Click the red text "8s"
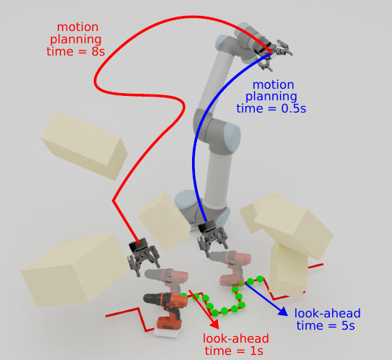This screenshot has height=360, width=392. pos(98,52)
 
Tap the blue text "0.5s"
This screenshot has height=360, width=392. pos(294,109)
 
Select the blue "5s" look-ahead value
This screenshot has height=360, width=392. pos(348,326)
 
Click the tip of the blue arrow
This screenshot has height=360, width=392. pos(287,316)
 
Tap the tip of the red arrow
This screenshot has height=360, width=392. pos(219,329)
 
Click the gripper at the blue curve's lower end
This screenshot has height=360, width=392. pos(212,237)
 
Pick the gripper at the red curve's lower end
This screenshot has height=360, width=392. pos(143,256)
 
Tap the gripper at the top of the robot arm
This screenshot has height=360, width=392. pos(272,53)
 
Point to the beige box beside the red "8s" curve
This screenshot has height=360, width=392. pos(84,145)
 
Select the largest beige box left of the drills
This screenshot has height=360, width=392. pos(75,270)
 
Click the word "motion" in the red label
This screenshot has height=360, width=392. pos(78,27)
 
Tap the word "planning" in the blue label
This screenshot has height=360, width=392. pos(271,97)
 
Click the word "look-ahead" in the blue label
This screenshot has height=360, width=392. pos(328,313)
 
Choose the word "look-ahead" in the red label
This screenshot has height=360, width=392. pos(236,339)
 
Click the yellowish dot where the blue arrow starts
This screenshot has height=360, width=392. pos(240,283)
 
